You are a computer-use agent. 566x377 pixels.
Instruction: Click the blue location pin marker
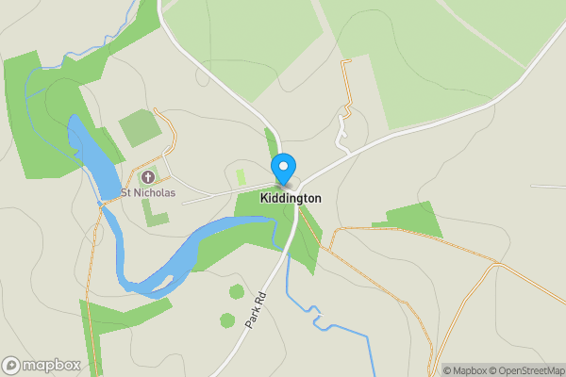[283, 169]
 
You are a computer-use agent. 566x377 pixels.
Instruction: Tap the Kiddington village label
[285, 199]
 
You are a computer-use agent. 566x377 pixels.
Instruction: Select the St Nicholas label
[150, 194]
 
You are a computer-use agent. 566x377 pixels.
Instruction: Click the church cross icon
[147, 177]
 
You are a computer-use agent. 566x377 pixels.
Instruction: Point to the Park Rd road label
[257, 309]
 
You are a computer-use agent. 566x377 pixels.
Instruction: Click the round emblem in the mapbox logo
[11, 365]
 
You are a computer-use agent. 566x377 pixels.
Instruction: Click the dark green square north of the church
[139, 128]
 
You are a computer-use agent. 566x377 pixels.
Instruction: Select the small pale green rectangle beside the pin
[241, 176]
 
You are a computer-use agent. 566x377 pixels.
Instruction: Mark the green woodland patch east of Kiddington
[413, 221]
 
